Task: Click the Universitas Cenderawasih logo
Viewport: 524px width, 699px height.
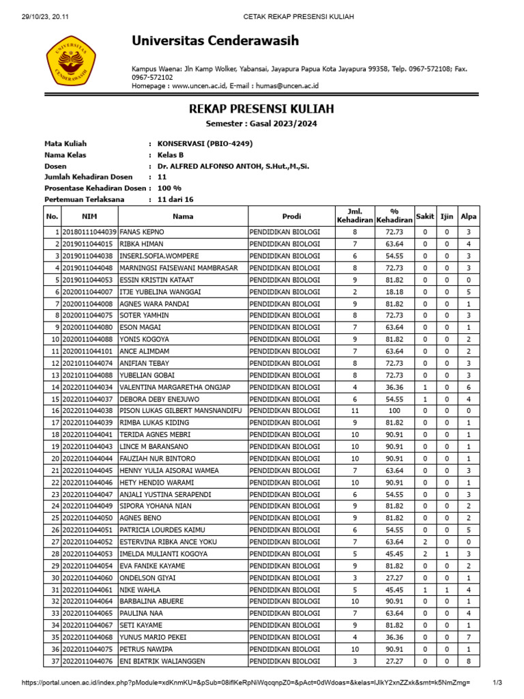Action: (x=70, y=59)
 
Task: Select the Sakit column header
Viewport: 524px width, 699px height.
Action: (x=425, y=216)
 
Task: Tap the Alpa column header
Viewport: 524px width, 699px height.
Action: (x=468, y=216)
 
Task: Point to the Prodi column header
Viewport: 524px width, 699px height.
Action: (x=291, y=216)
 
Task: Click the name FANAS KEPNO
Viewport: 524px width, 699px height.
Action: (x=142, y=232)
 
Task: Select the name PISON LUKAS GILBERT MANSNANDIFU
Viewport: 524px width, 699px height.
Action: (x=181, y=411)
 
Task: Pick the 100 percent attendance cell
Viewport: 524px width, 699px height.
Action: (x=394, y=411)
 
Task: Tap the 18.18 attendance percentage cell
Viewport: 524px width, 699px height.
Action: (x=394, y=291)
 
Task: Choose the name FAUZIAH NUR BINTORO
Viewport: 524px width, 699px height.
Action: (x=158, y=459)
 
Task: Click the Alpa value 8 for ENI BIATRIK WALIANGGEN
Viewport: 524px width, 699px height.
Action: (x=468, y=661)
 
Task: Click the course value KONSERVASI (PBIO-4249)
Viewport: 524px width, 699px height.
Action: (x=205, y=144)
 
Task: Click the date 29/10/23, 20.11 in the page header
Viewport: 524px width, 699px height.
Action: (x=39, y=16)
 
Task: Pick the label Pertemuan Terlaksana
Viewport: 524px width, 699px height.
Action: (x=87, y=199)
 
